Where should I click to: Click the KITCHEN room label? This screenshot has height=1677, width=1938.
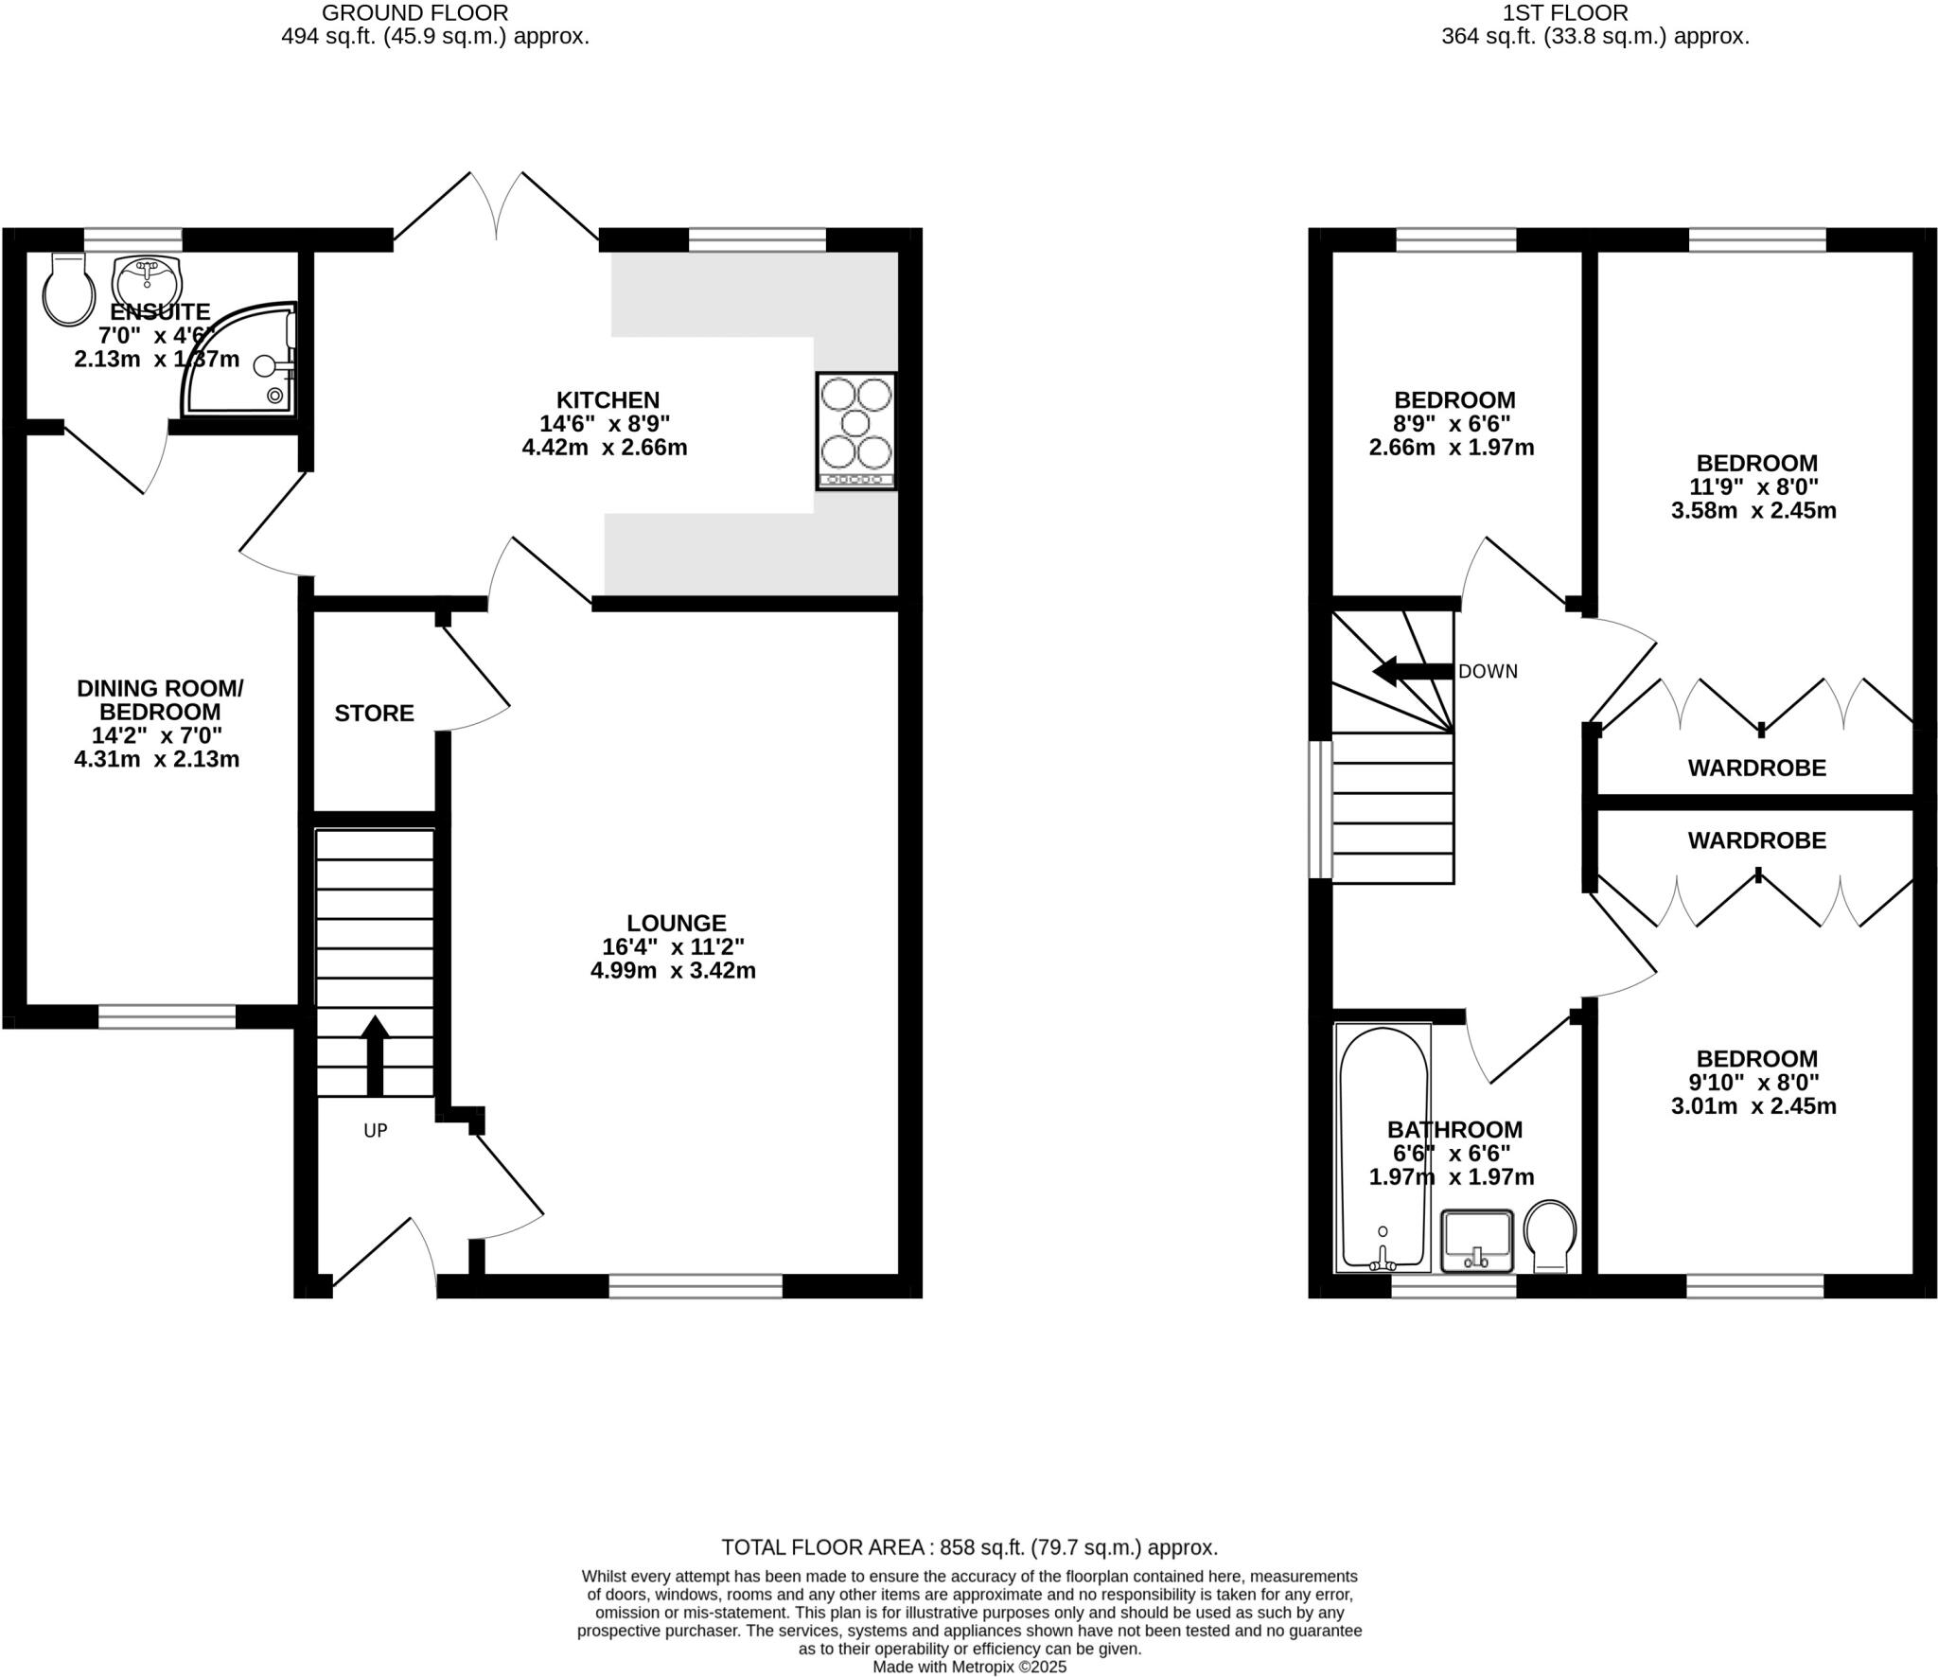pyautogui.click(x=608, y=400)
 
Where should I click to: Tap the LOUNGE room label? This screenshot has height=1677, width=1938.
pyautogui.click(x=677, y=923)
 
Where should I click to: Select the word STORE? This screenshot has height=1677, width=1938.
pyautogui.click(x=374, y=714)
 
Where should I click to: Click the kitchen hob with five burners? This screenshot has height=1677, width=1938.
pyautogui.click(x=855, y=432)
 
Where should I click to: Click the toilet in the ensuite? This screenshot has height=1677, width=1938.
pyautogui.click(x=68, y=288)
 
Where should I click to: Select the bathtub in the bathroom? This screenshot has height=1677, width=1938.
pyautogui.click(x=1383, y=1148)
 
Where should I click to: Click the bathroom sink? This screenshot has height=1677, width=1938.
pyautogui.click(x=1477, y=1241)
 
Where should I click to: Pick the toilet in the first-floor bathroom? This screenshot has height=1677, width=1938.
pyautogui.click(x=1550, y=1237)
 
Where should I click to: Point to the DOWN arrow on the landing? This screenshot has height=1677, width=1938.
pyautogui.click(x=1413, y=672)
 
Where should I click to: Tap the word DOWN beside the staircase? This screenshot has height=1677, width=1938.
pyautogui.click(x=1488, y=672)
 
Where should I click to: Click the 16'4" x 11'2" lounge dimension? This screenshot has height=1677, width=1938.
pyautogui.click(x=673, y=946)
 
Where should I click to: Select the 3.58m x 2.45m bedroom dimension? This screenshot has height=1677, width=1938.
pyautogui.click(x=1753, y=511)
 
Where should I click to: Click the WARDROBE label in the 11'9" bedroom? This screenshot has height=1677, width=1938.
pyautogui.click(x=1756, y=768)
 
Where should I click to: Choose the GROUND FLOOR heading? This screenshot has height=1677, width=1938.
pyautogui.click(x=415, y=13)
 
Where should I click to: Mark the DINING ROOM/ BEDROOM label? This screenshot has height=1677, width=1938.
pyautogui.click(x=159, y=700)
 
